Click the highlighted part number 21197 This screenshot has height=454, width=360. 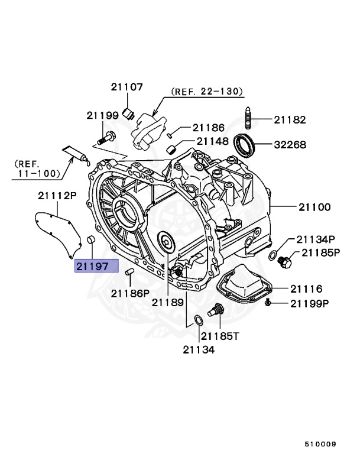pos(96,267)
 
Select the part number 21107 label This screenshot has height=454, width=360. pos(127,86)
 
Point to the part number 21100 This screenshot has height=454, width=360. pos(314,207)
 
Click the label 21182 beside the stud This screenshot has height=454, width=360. pos(290,119)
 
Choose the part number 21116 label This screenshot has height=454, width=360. pos(306,288)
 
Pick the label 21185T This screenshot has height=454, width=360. pos(219,336)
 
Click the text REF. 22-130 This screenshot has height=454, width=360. pos(207,92)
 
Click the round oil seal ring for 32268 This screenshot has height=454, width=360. pos(245,144)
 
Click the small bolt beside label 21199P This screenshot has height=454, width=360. pos(268,303)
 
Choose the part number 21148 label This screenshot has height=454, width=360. pos(213,141)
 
